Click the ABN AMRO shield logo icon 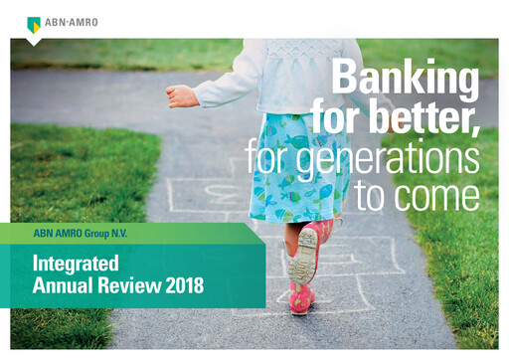point(34,24)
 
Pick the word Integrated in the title point(76,264)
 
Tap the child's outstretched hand point(180,95)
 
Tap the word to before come point(375,196)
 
